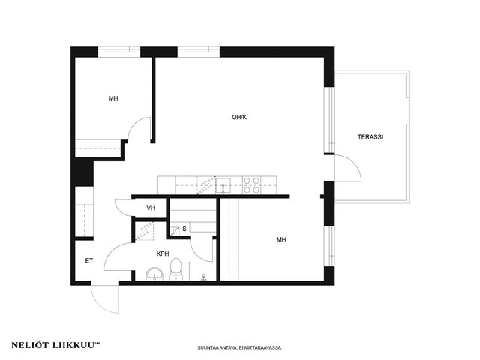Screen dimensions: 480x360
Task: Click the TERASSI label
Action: pos(370,137)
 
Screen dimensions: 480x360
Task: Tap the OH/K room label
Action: pos(239,117)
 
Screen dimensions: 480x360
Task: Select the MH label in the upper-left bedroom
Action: pos(113,98)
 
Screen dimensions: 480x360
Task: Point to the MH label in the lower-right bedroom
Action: pos(281,240)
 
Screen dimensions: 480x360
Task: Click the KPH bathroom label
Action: pos(163,253)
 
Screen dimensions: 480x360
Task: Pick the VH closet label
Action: pos(151,208)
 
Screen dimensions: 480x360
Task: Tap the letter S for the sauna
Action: pos(184,229)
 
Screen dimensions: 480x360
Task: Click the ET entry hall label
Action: pos(89,261)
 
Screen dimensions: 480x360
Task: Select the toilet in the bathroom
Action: pos(175,269)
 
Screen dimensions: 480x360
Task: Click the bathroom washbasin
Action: pos(154,274)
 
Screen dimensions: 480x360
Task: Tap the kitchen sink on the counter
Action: pos(223,185)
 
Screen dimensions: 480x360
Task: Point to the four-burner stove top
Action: pos(252,185)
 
